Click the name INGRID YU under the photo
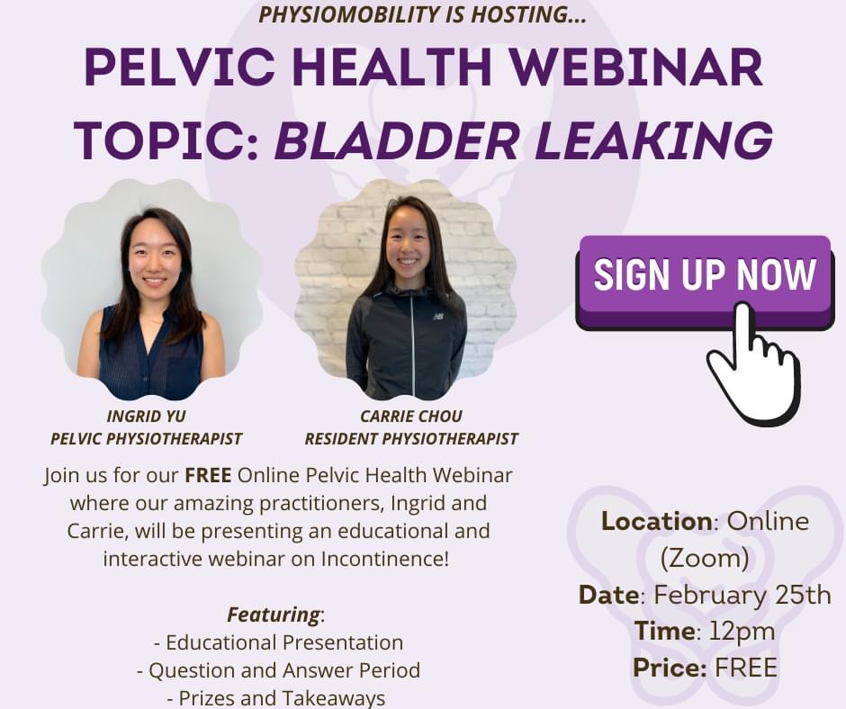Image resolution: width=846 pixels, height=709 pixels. pos(146,416)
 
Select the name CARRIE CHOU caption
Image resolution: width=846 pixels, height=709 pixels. pos(411,416)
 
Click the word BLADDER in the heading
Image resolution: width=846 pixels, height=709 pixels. pos(397,139)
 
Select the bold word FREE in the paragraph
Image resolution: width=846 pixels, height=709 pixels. pos(208,475)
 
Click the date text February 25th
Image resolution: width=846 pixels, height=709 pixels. pos(742,595)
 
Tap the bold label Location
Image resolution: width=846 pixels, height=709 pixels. pos(657,521)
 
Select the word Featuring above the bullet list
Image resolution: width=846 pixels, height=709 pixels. pos(274,615)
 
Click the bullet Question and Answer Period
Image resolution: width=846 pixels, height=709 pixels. pos(278,670)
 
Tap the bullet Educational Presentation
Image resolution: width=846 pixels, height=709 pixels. pos(278,642)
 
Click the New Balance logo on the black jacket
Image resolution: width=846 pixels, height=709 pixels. pos(438,316)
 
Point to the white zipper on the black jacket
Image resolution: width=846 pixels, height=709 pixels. pos(413,346)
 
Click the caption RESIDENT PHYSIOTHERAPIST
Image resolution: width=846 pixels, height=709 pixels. pos(411,439)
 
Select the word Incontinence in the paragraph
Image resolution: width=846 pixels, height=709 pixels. pos(384,559)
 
